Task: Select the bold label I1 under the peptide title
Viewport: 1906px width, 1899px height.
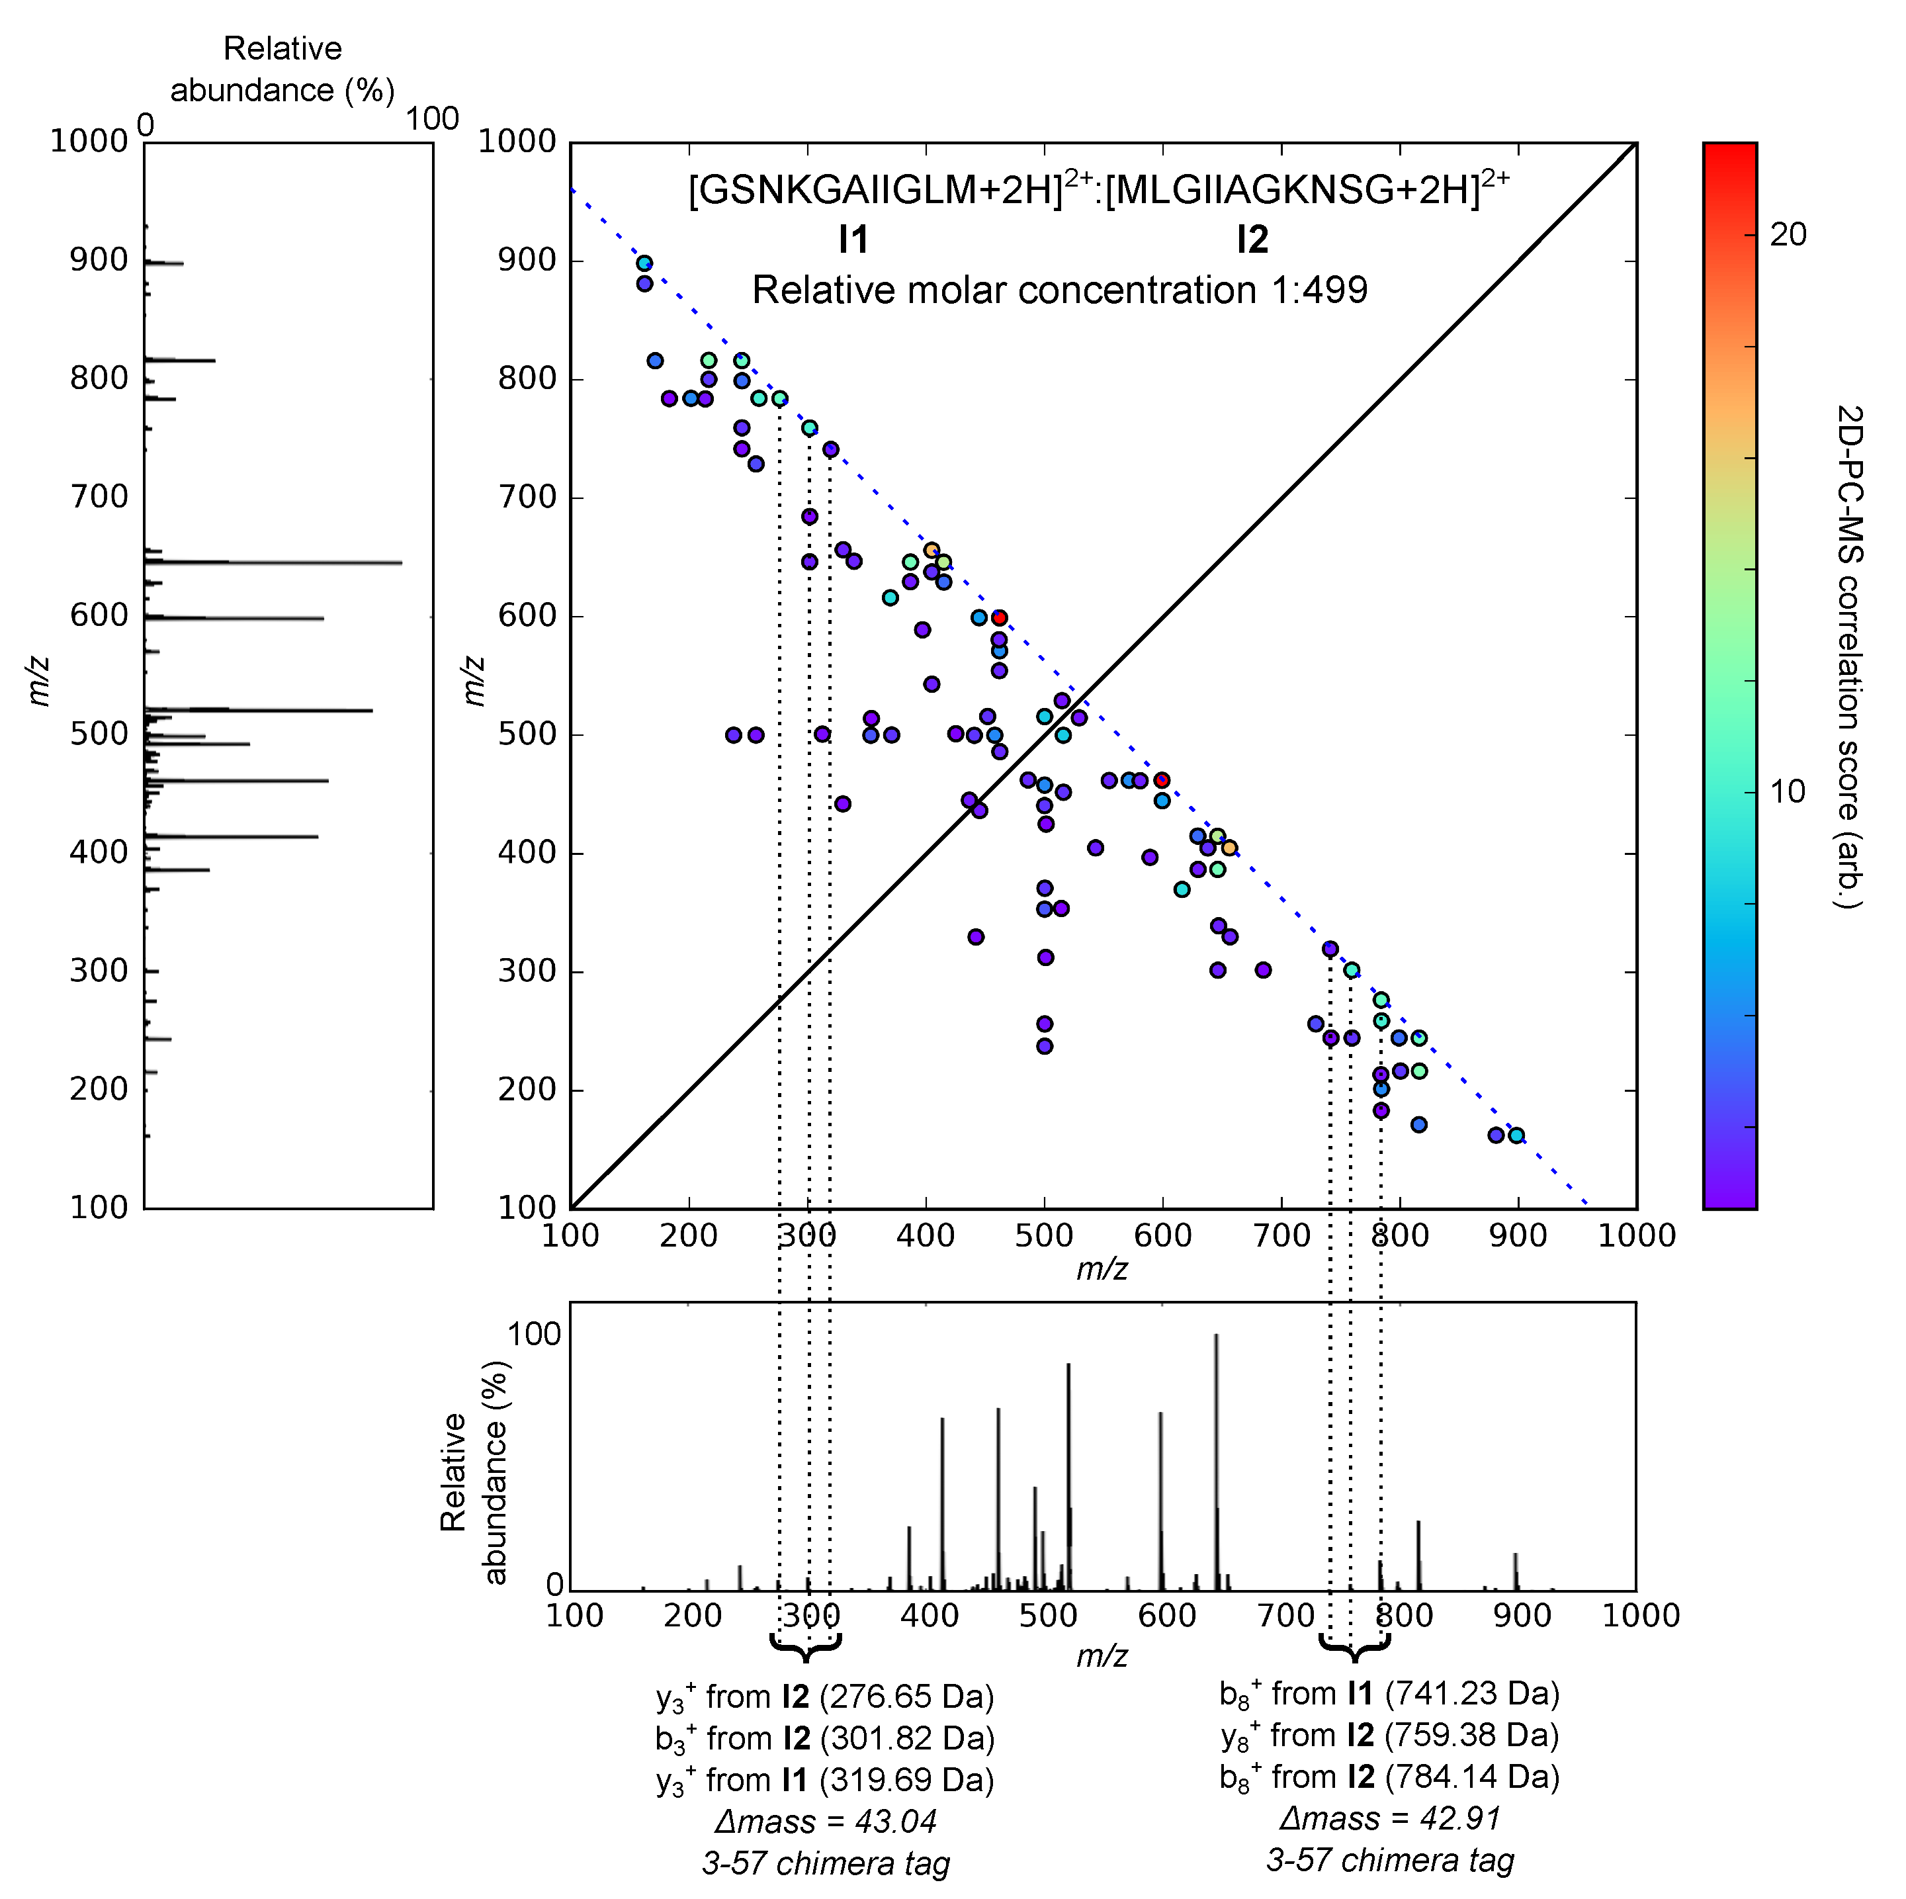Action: tap(852, 240)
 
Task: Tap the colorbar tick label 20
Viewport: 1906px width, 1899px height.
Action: tap(1788, 235)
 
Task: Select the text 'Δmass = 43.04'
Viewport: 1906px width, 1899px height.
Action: tap(825, 1820)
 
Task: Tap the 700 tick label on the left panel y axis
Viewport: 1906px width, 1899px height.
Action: tap(99, 496)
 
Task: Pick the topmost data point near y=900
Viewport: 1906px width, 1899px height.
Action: tap(644, 263)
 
